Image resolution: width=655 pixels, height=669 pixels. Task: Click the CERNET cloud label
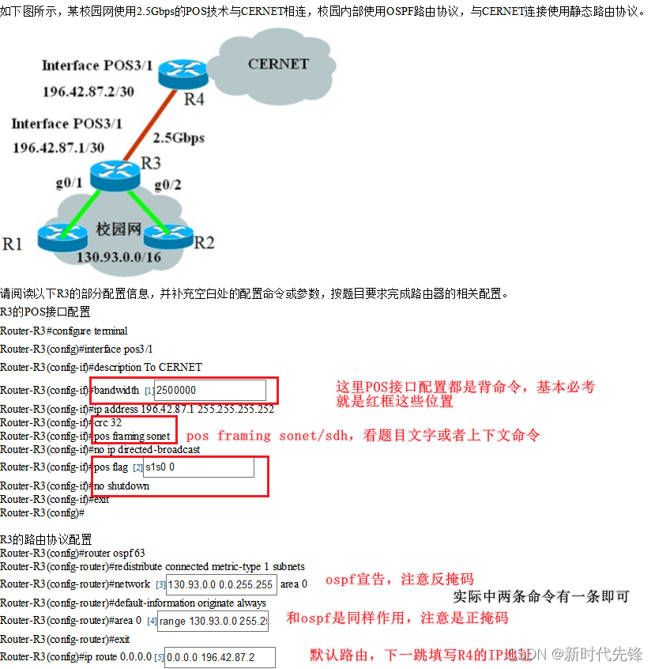[278, 63]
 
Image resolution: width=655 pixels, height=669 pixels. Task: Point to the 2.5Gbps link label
[178, 138]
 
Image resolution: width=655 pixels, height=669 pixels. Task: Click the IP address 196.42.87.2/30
[88, 92]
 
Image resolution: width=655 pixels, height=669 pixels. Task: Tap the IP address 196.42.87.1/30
[58, 147]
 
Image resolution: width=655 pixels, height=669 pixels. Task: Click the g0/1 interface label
[69, 183]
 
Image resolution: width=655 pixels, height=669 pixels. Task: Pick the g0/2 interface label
[168, 184]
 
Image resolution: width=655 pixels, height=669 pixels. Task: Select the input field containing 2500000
[209, 390]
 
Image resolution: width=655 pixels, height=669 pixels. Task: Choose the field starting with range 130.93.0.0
[213, 621]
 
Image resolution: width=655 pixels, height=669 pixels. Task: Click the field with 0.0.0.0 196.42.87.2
[220, 657]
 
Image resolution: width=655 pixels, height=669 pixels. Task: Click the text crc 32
[107, 422]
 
